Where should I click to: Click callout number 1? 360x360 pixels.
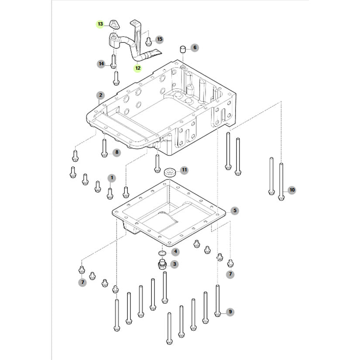(112, 178)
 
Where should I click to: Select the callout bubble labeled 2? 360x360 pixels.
(100, 95)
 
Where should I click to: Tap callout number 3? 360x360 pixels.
(175, 264)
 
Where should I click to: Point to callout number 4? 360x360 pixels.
(175, 251)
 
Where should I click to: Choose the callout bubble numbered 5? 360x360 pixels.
(234, 211)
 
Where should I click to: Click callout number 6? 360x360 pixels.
(195, 47)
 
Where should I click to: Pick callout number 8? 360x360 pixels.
(116, 152)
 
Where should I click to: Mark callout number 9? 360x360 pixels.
(230, 312)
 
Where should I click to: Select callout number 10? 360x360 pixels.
(292, 190)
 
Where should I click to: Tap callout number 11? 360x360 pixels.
(184, 169)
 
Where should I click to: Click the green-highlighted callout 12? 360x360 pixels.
(137, 68)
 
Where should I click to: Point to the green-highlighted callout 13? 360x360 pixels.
(100, 24)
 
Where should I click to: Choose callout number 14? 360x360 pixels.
(101, 64)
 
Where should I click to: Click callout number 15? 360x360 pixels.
(159, 40)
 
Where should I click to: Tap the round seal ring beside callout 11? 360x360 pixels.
(169, 171)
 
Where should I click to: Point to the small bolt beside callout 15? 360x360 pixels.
(148, 41)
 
